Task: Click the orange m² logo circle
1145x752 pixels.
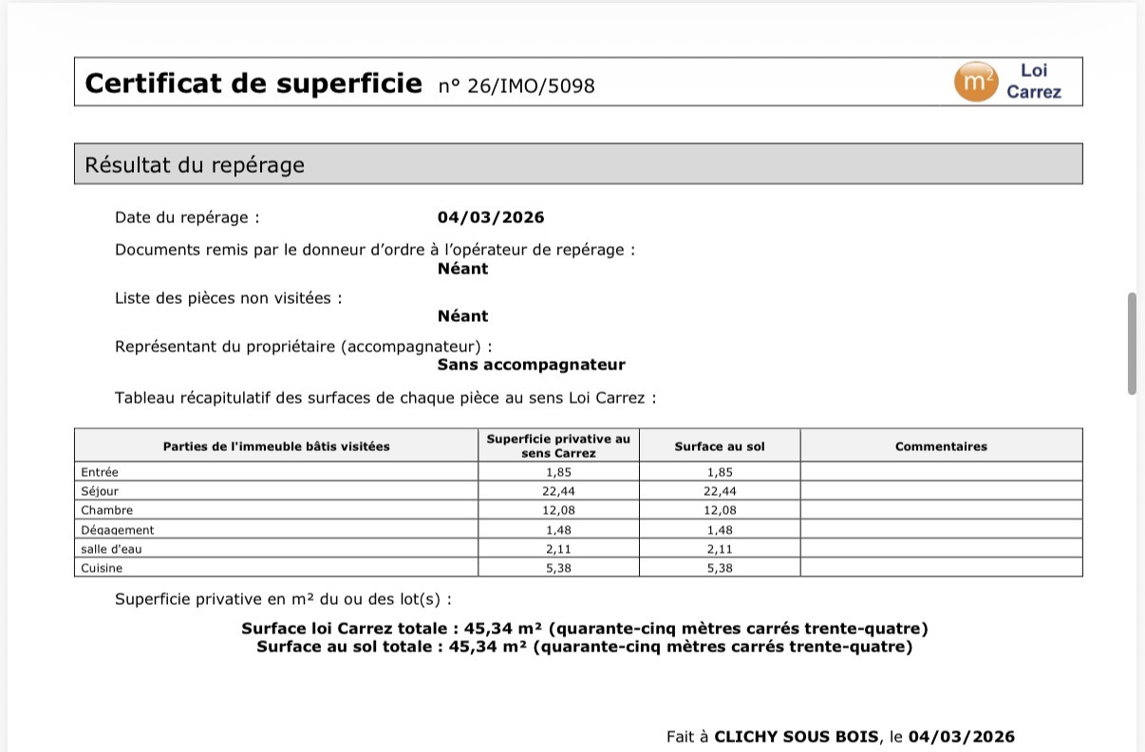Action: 975,82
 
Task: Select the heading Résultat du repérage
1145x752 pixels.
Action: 195,165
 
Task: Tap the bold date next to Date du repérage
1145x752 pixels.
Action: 491,217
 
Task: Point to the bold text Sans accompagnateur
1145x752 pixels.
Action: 531,365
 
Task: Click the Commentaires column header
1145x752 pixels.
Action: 941,446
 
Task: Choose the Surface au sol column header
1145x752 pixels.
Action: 719,446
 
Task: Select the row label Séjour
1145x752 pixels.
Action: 100,491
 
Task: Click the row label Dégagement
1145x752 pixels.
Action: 118,530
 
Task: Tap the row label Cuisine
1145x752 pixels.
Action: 102,568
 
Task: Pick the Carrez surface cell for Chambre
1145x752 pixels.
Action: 559,510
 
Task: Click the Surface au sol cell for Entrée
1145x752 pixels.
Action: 720,472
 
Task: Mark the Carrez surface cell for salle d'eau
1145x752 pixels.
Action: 559,549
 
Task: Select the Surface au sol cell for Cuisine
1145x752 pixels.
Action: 720,568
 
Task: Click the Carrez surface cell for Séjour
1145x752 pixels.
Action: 559,491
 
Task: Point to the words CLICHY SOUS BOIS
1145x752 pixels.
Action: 796,737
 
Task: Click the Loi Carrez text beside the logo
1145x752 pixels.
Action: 1034,82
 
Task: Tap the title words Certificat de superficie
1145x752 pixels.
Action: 253,84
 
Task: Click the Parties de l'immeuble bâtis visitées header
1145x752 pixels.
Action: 276,446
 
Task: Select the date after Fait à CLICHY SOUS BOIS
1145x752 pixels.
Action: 961,737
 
